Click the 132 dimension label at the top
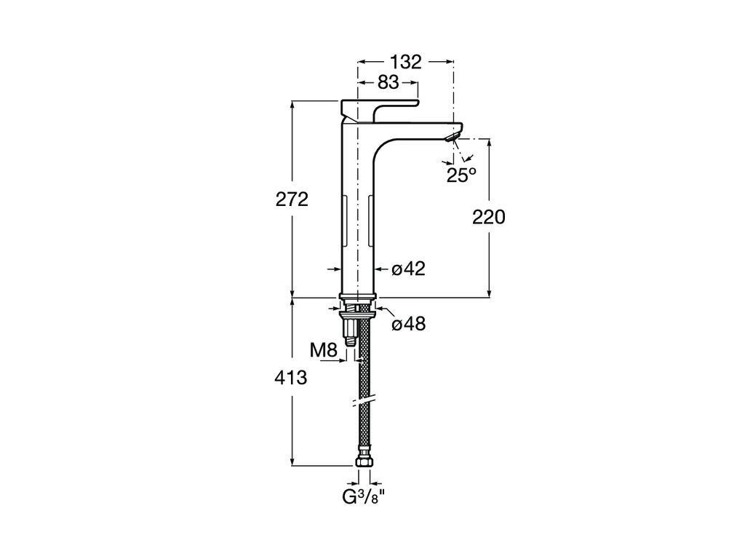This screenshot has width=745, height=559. (405, 63)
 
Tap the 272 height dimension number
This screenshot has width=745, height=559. (292, 199)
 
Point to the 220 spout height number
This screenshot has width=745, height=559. (488, 217)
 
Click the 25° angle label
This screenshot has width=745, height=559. (461, 175)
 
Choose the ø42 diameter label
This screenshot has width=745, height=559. (408, 269)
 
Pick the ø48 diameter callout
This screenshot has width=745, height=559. (408, 325)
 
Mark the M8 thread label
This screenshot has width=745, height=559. (324, 350)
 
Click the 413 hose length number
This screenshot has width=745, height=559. (292, 378)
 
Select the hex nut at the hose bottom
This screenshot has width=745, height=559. (364, 461)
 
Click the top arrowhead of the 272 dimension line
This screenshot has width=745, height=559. (292, 104)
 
